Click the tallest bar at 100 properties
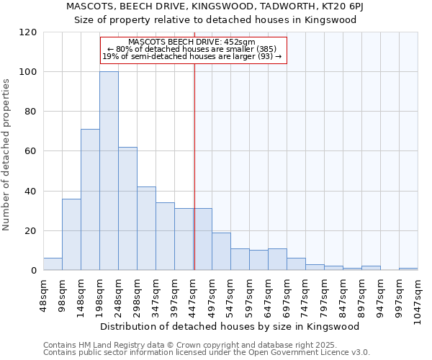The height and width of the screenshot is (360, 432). pyautogui.click(x=109, y=171)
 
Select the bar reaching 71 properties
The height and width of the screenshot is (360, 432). pyautogui.click(x=90, y=200)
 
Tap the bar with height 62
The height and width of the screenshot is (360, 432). pyautogui.click(x=127, y=209)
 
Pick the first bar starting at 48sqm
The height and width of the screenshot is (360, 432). pyautogui.click(x=53, y=264)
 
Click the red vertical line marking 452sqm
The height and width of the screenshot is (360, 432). pyautogui.click(x=194, y=166)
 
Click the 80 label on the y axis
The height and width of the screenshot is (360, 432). pyautogui.click(x=32, y=112)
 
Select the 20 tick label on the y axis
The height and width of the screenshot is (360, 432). pyautogui.click(x=32, y=231)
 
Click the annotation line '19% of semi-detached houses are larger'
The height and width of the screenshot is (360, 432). pyautogui.click(x=192, y=56)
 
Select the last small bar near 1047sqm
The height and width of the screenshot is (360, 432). pyautogui.click(x=408, y=269)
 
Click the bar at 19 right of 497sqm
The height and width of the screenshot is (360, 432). pyautogui.click(x=221, y=251)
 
